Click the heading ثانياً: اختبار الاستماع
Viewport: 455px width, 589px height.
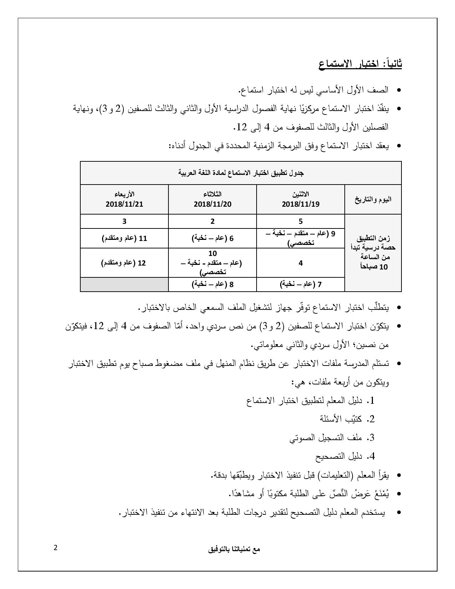(x=360, y=65)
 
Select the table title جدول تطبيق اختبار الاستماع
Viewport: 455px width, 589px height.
(x=241, y=173)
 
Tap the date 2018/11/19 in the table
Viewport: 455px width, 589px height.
(x=300, y=204)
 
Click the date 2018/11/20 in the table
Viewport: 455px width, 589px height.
(x=212, y=204)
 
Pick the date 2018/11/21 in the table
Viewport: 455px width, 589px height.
(x=124, y=204)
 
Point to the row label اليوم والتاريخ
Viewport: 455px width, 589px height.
(x=373, y=199)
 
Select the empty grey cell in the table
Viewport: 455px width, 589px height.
(x=124, y=285)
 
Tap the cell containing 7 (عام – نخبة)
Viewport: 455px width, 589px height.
(x=300, y=285)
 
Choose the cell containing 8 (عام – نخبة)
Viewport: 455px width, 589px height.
(x=212, y=285)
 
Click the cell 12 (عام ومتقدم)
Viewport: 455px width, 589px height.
(x=124, y=263)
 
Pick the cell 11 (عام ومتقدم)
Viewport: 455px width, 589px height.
(x=124, y=238)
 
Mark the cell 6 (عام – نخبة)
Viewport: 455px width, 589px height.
(x=212, y=238)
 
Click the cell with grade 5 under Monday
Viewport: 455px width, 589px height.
(x=300, y=221)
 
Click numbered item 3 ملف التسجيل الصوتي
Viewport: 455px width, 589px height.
(x=332, y=438)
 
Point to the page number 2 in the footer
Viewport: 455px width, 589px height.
(x=55, y=548)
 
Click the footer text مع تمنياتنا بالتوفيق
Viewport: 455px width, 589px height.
(x=234, y=549)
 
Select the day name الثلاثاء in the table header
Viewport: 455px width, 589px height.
(x=212, y=194)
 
